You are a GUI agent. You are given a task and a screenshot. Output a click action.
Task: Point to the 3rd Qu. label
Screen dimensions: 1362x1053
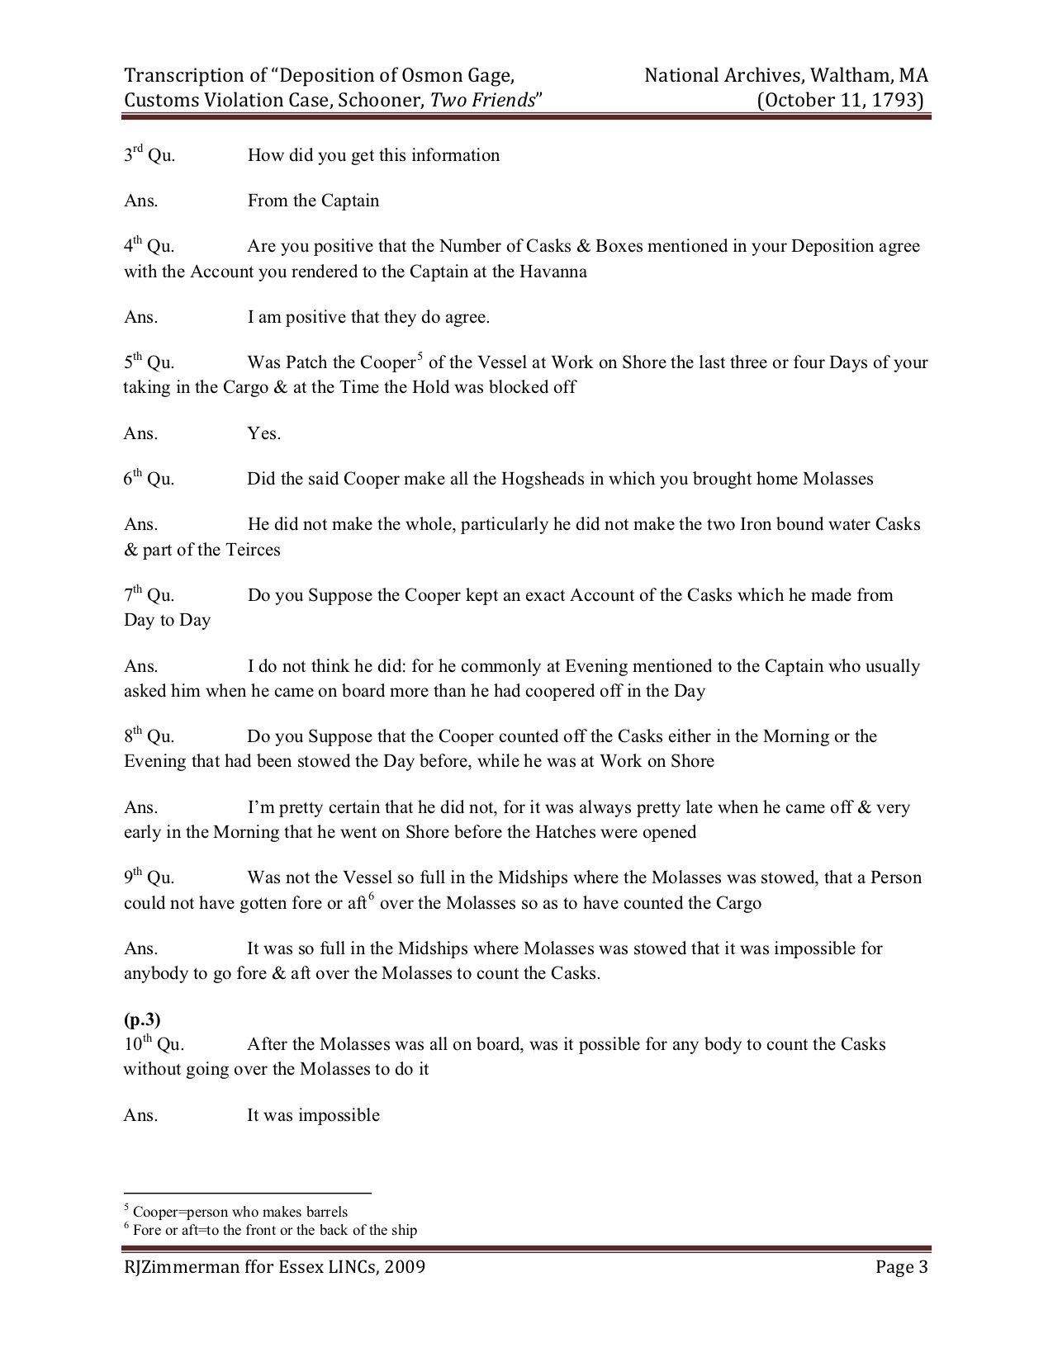pyautogui.click(x=149, y=155)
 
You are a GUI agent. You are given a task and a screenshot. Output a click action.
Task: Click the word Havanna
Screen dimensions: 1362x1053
pyautogui.click(x=553, y=272)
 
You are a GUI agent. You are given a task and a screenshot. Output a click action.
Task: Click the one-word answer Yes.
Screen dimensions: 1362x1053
pyautogui.click(x=263, y=433)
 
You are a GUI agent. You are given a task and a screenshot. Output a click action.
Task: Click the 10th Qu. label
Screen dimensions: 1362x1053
pyautogui.click(x=154, y=1044)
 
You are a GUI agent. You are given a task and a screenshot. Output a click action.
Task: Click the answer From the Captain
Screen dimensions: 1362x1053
pyautogui.click(x=313, y=201)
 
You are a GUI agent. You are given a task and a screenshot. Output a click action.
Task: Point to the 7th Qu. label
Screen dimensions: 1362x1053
pyautogui.click(x=149, y=595)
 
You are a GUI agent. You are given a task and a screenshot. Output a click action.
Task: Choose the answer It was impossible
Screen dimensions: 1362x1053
pyautogui.click(x=313, y=1115)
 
